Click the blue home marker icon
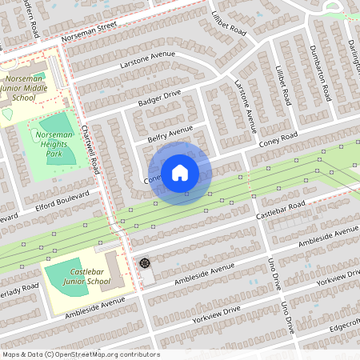pos(180,173)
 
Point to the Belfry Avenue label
pos(170,130)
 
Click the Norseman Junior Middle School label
pos(30,86)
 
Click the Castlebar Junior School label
pos(85,277)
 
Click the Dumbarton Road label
pos(320,78)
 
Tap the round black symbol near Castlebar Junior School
pos(145,262)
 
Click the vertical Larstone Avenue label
pos(245,104)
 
